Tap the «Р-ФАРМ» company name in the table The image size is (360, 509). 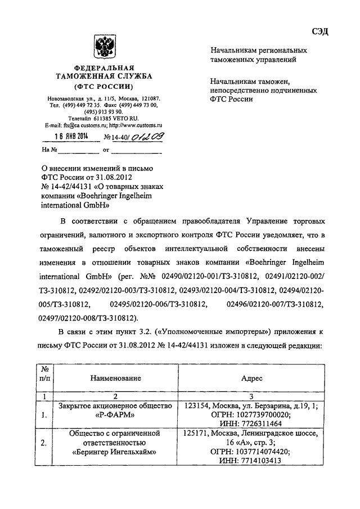pos(115,417)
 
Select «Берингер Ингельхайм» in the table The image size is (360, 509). pos(115,451)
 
